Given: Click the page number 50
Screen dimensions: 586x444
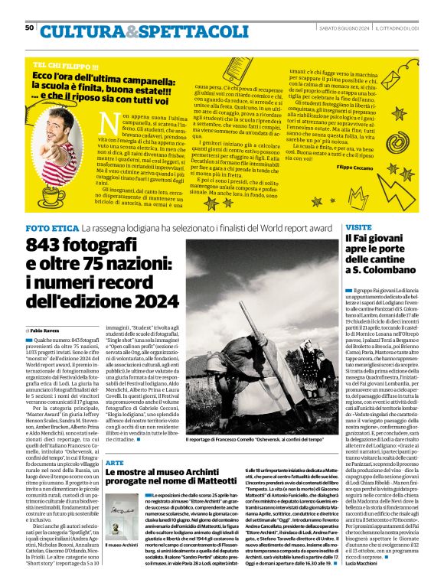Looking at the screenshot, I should click(30, 28).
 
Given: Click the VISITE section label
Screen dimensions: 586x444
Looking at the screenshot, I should click(358, 228).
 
